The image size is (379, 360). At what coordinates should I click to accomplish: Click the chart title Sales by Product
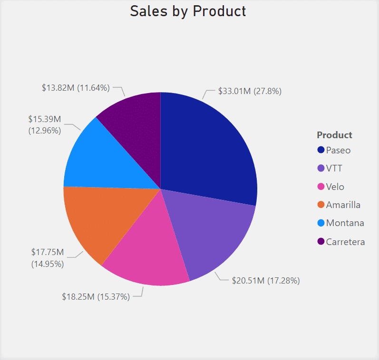point(188,11)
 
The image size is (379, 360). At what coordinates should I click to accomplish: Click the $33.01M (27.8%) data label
point(250,91)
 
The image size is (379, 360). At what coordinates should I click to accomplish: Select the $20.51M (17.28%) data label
point(266,281)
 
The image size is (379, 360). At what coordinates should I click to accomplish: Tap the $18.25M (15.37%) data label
point(96,297)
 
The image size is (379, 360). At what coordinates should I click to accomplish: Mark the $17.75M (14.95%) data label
point(48,258)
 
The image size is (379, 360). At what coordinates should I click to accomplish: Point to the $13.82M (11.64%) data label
point(76,88)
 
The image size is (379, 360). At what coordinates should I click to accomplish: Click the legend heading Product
point(335,135)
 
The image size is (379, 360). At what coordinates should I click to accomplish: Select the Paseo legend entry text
point(338,150)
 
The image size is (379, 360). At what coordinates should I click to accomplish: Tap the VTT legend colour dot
point(321,168)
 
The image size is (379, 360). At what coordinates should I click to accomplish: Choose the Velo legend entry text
point(335,187)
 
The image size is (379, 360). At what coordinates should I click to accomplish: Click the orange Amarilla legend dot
point(321,205)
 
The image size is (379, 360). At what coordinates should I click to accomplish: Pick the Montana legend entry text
point(345,223)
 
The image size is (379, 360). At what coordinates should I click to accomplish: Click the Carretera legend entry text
point(345,242)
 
